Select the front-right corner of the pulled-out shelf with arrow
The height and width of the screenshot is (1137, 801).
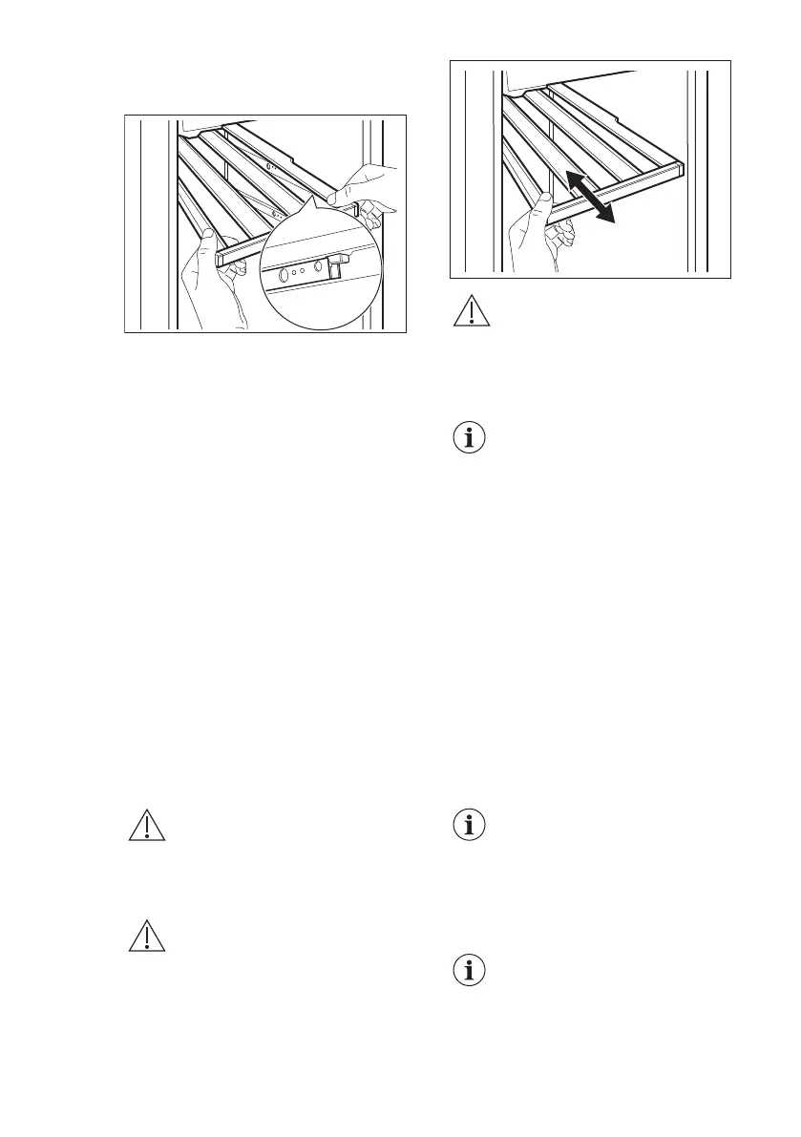[x=681, y=171]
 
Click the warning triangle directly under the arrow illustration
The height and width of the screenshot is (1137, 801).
[x=467, y=313]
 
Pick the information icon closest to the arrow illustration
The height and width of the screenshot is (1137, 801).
[x=467, y=438]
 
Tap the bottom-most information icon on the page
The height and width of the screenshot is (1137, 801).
[x=467, y=972]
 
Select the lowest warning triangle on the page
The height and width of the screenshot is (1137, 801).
[x=147, y=937]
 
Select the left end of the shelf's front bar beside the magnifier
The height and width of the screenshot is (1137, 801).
[x=221, y=259]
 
